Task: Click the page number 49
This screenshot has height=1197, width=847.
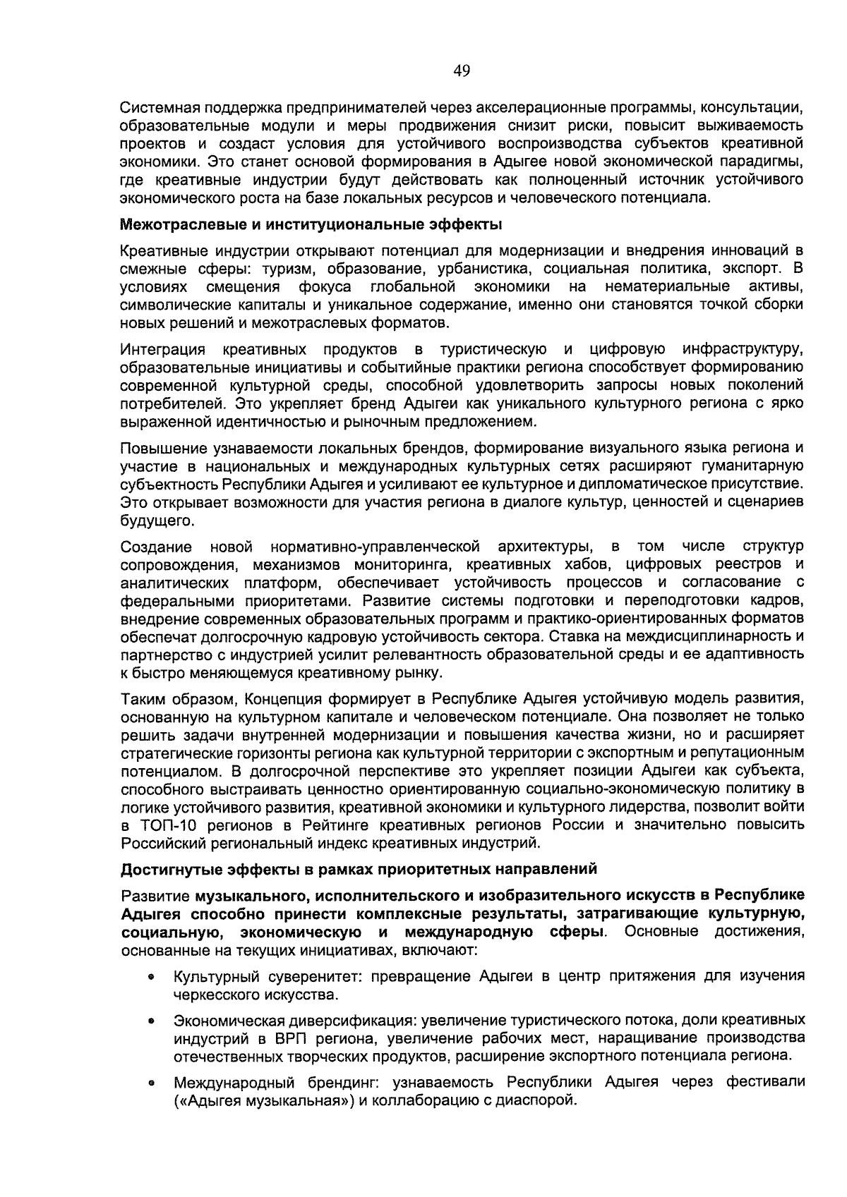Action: click(462, 70)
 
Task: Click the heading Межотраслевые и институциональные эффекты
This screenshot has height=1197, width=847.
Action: click(311, 225)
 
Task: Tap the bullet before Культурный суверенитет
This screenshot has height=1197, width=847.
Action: click(151, 978)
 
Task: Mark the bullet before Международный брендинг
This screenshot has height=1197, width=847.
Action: click(151, 1083)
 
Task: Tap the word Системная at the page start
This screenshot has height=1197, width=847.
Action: click(158, 109)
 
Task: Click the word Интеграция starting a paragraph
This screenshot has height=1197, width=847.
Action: click(162, 350)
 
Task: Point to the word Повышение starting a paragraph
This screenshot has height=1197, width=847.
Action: click(160, 449)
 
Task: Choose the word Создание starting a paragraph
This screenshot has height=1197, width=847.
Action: click(155, 547)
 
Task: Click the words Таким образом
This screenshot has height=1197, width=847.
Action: click(177, 699)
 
